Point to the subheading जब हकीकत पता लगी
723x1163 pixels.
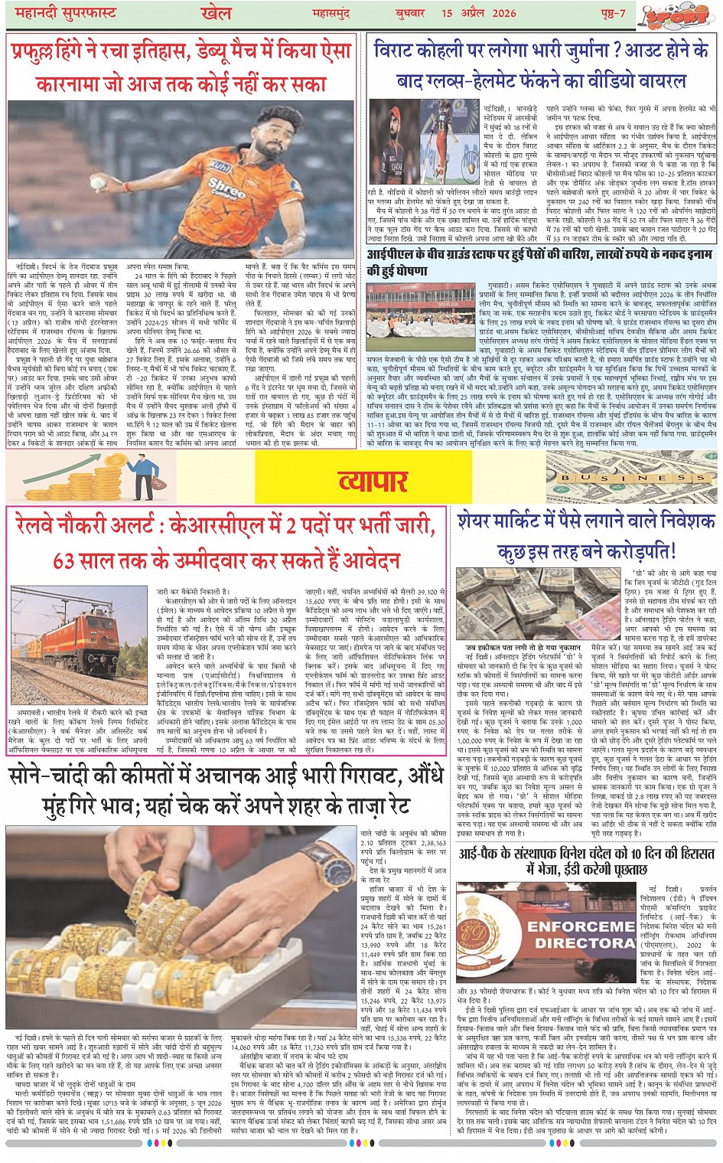[522, 648]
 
